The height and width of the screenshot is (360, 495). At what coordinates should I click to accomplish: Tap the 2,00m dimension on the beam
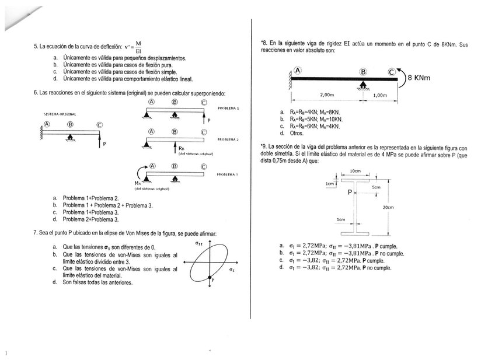coord(327,95)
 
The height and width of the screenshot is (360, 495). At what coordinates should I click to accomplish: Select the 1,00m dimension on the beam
coord(380,95)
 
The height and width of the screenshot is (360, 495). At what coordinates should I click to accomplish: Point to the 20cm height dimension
coord(388,207)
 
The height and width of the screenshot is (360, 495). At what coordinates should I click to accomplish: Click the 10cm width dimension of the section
coord(355,171)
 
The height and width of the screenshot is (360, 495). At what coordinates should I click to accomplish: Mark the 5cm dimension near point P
coord(377,187)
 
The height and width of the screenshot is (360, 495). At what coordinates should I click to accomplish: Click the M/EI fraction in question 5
coord(138,47)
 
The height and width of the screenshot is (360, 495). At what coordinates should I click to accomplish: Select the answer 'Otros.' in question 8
coord(297,134)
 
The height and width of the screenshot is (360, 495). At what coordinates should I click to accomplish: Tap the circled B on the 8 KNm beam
coord(363,71)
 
